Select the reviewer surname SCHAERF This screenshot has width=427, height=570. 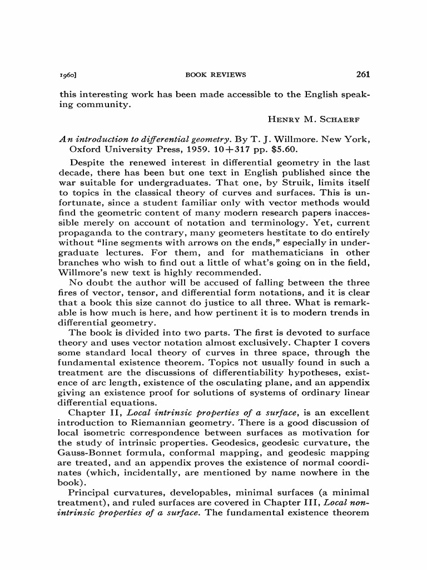tap(343, 119)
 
